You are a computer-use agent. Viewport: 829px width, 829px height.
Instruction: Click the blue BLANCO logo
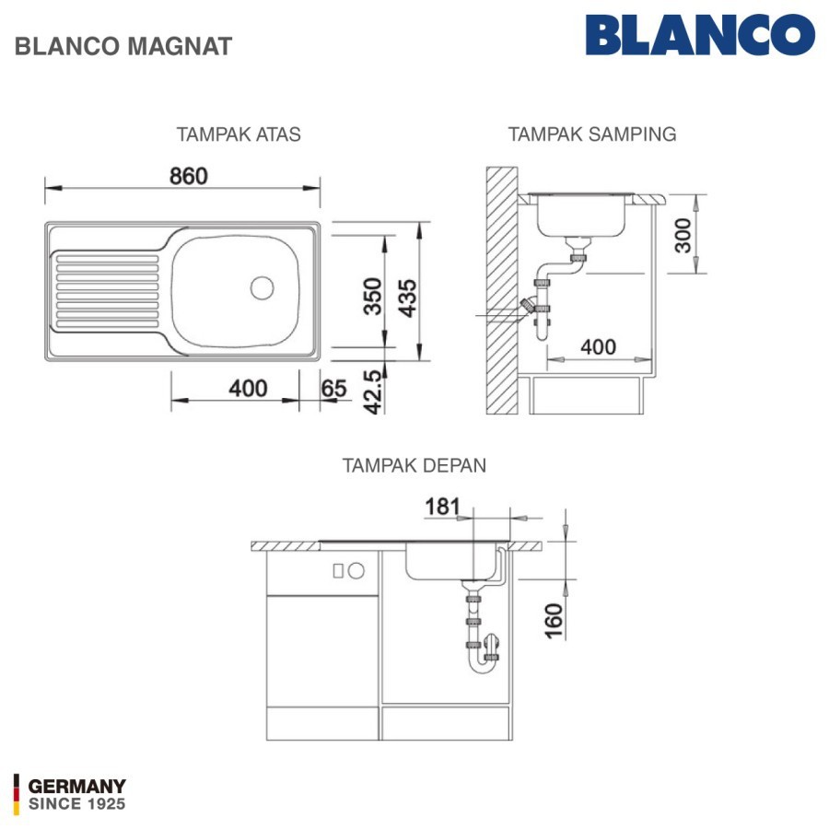tap(700, 34)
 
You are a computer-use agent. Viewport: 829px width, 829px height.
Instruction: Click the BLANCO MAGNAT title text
tap(123, 46)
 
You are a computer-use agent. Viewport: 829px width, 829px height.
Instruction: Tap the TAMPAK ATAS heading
tap(239, 134)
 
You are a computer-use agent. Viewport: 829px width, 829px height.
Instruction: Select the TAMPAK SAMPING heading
tap(592, 134)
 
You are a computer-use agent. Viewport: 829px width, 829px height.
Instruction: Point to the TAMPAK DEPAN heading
tap(414, 465)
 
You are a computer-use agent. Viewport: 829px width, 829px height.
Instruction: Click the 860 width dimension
tap(189, 176)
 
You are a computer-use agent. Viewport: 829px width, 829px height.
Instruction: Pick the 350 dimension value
tap(373, 296)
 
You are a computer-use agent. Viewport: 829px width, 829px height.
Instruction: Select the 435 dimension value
tap(408, 298)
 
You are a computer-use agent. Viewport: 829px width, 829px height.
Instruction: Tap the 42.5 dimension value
tap(373, 391)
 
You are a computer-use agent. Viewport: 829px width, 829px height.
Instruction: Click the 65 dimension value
tap(333, 389)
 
